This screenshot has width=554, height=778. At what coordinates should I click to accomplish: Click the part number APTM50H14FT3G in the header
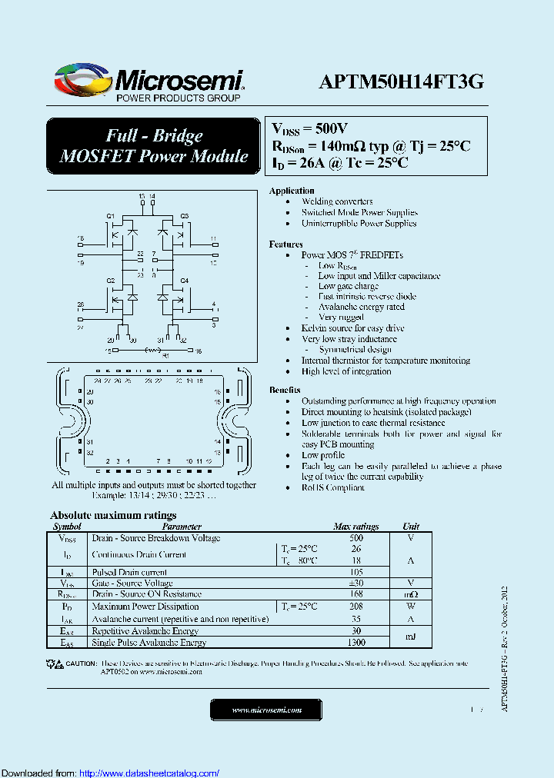point(402,81)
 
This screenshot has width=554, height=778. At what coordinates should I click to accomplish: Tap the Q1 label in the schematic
point(110,215)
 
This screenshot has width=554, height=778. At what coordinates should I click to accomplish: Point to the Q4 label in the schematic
point(185,281)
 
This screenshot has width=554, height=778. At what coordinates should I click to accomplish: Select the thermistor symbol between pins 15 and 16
point(152,351)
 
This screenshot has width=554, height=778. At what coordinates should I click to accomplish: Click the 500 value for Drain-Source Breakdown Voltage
point(355,538)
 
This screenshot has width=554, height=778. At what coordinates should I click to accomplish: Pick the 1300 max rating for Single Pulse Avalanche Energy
point(355,642)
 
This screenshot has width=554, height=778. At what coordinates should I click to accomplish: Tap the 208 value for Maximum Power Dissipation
point(355,607)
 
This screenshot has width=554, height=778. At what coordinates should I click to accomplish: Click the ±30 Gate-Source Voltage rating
point(355,583)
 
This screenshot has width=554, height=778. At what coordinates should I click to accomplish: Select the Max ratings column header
point(355,527)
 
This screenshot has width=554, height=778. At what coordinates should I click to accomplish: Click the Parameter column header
point(182,527)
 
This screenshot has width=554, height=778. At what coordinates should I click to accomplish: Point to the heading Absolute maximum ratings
point(113,515)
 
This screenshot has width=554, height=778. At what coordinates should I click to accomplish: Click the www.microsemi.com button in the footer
point(266,710)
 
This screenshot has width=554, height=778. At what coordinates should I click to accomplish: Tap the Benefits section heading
point(285,391)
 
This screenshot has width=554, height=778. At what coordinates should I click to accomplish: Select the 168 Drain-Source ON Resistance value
point(355,594)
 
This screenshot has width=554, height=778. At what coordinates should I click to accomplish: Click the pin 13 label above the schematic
point(142,197)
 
